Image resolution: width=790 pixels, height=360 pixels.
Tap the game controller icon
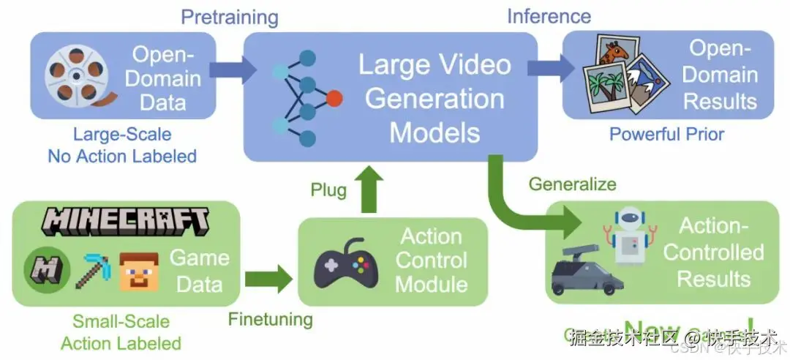point(346,262)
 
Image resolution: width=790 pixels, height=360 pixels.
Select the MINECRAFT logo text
point(124,221)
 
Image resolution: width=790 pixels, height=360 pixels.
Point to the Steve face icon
point(139,271)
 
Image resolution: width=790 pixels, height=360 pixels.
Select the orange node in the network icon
point(334,97)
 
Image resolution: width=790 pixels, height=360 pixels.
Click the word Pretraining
point(230,17)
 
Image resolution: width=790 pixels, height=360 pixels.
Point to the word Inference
point(549,15)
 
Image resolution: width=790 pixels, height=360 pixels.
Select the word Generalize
point(573,183)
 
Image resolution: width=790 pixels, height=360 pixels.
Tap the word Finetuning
point(270,320)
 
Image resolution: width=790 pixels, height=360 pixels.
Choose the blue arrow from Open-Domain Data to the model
point(233,70)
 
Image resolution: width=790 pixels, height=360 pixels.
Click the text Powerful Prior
point(666,134)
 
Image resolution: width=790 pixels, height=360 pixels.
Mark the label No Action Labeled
point(122,156)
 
